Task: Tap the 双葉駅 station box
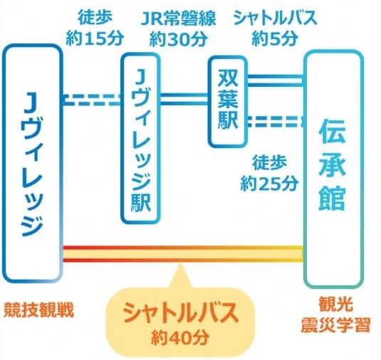tap(228, 101)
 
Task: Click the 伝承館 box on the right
tap(333, 168)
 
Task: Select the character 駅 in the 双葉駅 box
tap(228, 122)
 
